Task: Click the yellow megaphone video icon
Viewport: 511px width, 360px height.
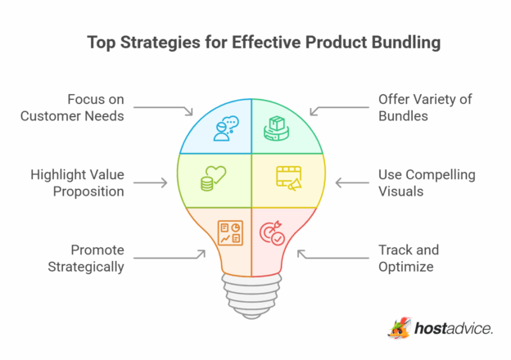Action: click(x=287, y=179)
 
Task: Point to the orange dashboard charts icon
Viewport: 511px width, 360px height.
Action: click(x=228, y=232)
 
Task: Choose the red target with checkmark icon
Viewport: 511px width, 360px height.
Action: click(x=273, y=232)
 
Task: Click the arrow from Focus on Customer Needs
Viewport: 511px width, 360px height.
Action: click(x=163, y=108)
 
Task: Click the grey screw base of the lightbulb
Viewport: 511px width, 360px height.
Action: click(x=251, y=288)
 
